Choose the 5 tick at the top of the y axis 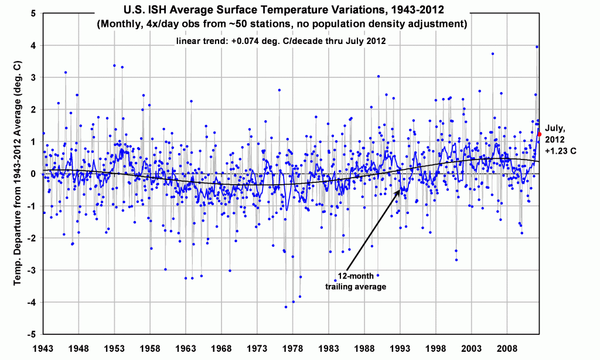(35, 13)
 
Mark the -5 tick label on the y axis (33, 334)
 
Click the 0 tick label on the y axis (35, 174)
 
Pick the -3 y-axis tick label (33, 270)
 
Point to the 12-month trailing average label (347, 281)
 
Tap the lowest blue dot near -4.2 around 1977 (286, 307)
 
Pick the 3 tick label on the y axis (35, 77)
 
